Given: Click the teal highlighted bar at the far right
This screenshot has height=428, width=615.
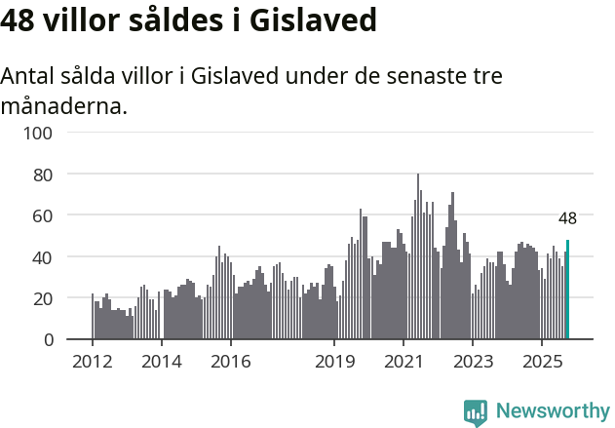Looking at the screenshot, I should (567, 291).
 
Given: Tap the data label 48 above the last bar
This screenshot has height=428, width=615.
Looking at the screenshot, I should (567, 218).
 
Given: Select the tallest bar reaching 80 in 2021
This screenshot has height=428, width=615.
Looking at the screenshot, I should (418, 257).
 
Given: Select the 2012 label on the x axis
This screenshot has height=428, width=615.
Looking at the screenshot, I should (93, 362).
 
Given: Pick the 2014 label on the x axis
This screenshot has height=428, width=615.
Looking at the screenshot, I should (162, 362).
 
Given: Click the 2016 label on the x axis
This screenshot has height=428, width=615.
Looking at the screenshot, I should (230, 362).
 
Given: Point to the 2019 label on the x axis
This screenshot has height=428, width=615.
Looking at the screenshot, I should (334, 362).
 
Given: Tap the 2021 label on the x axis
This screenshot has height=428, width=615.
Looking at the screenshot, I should (403, 362).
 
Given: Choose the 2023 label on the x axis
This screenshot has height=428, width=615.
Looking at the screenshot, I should (472, 362).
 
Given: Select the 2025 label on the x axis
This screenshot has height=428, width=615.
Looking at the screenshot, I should (541, 362).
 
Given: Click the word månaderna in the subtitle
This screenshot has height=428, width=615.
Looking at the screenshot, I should (63, 105).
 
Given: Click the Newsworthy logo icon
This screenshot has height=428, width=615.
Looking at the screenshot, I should (476, 412).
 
